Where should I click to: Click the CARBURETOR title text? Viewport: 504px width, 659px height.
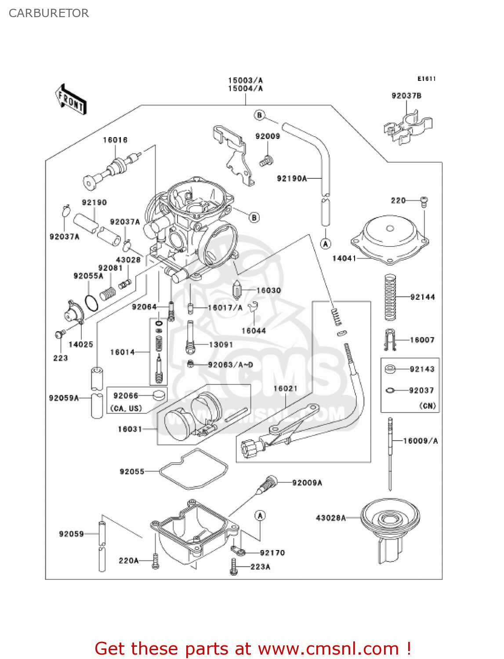[49, 13]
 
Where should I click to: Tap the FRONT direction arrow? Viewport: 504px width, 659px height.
[70, 100]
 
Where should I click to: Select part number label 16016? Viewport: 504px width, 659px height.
[115, 140]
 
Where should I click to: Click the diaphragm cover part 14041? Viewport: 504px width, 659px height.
[390, 239]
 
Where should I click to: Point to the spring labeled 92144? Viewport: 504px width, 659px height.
[390, 297]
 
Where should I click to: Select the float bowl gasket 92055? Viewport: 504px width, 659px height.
[193, 469]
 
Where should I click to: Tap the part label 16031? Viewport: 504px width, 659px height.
[130, 429]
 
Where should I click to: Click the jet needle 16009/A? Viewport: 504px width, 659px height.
[390, 453]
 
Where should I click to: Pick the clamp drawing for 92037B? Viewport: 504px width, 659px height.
[408, 127]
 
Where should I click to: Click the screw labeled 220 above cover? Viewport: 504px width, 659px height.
[424, 202]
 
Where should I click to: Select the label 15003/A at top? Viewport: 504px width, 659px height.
[245, 80]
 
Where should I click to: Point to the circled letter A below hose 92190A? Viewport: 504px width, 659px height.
[326, 244]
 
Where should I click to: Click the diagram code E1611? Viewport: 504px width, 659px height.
[426, 79]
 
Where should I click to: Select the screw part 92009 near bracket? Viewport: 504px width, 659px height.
[266, 161]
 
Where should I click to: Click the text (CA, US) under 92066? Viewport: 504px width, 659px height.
[126, 408]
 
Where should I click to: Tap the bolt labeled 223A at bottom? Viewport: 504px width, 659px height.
[233, 567]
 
